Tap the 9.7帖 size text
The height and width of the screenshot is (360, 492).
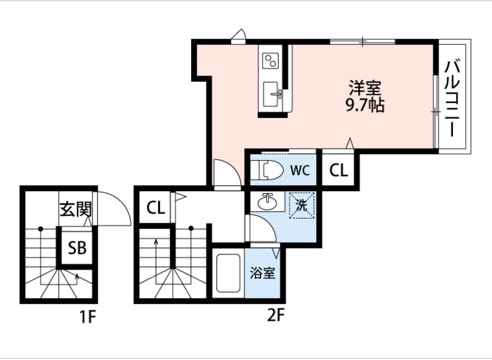365,105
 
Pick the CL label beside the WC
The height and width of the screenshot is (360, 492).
339,171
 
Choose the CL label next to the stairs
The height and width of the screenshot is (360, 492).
156,208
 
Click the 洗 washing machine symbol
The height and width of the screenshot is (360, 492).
301,206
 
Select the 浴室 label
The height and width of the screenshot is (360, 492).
262,273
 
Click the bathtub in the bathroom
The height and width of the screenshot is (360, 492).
229,273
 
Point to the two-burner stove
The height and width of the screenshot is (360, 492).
270,60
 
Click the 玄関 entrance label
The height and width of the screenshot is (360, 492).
75,209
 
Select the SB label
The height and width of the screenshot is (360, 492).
77,247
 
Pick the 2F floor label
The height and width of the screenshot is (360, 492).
275,316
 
